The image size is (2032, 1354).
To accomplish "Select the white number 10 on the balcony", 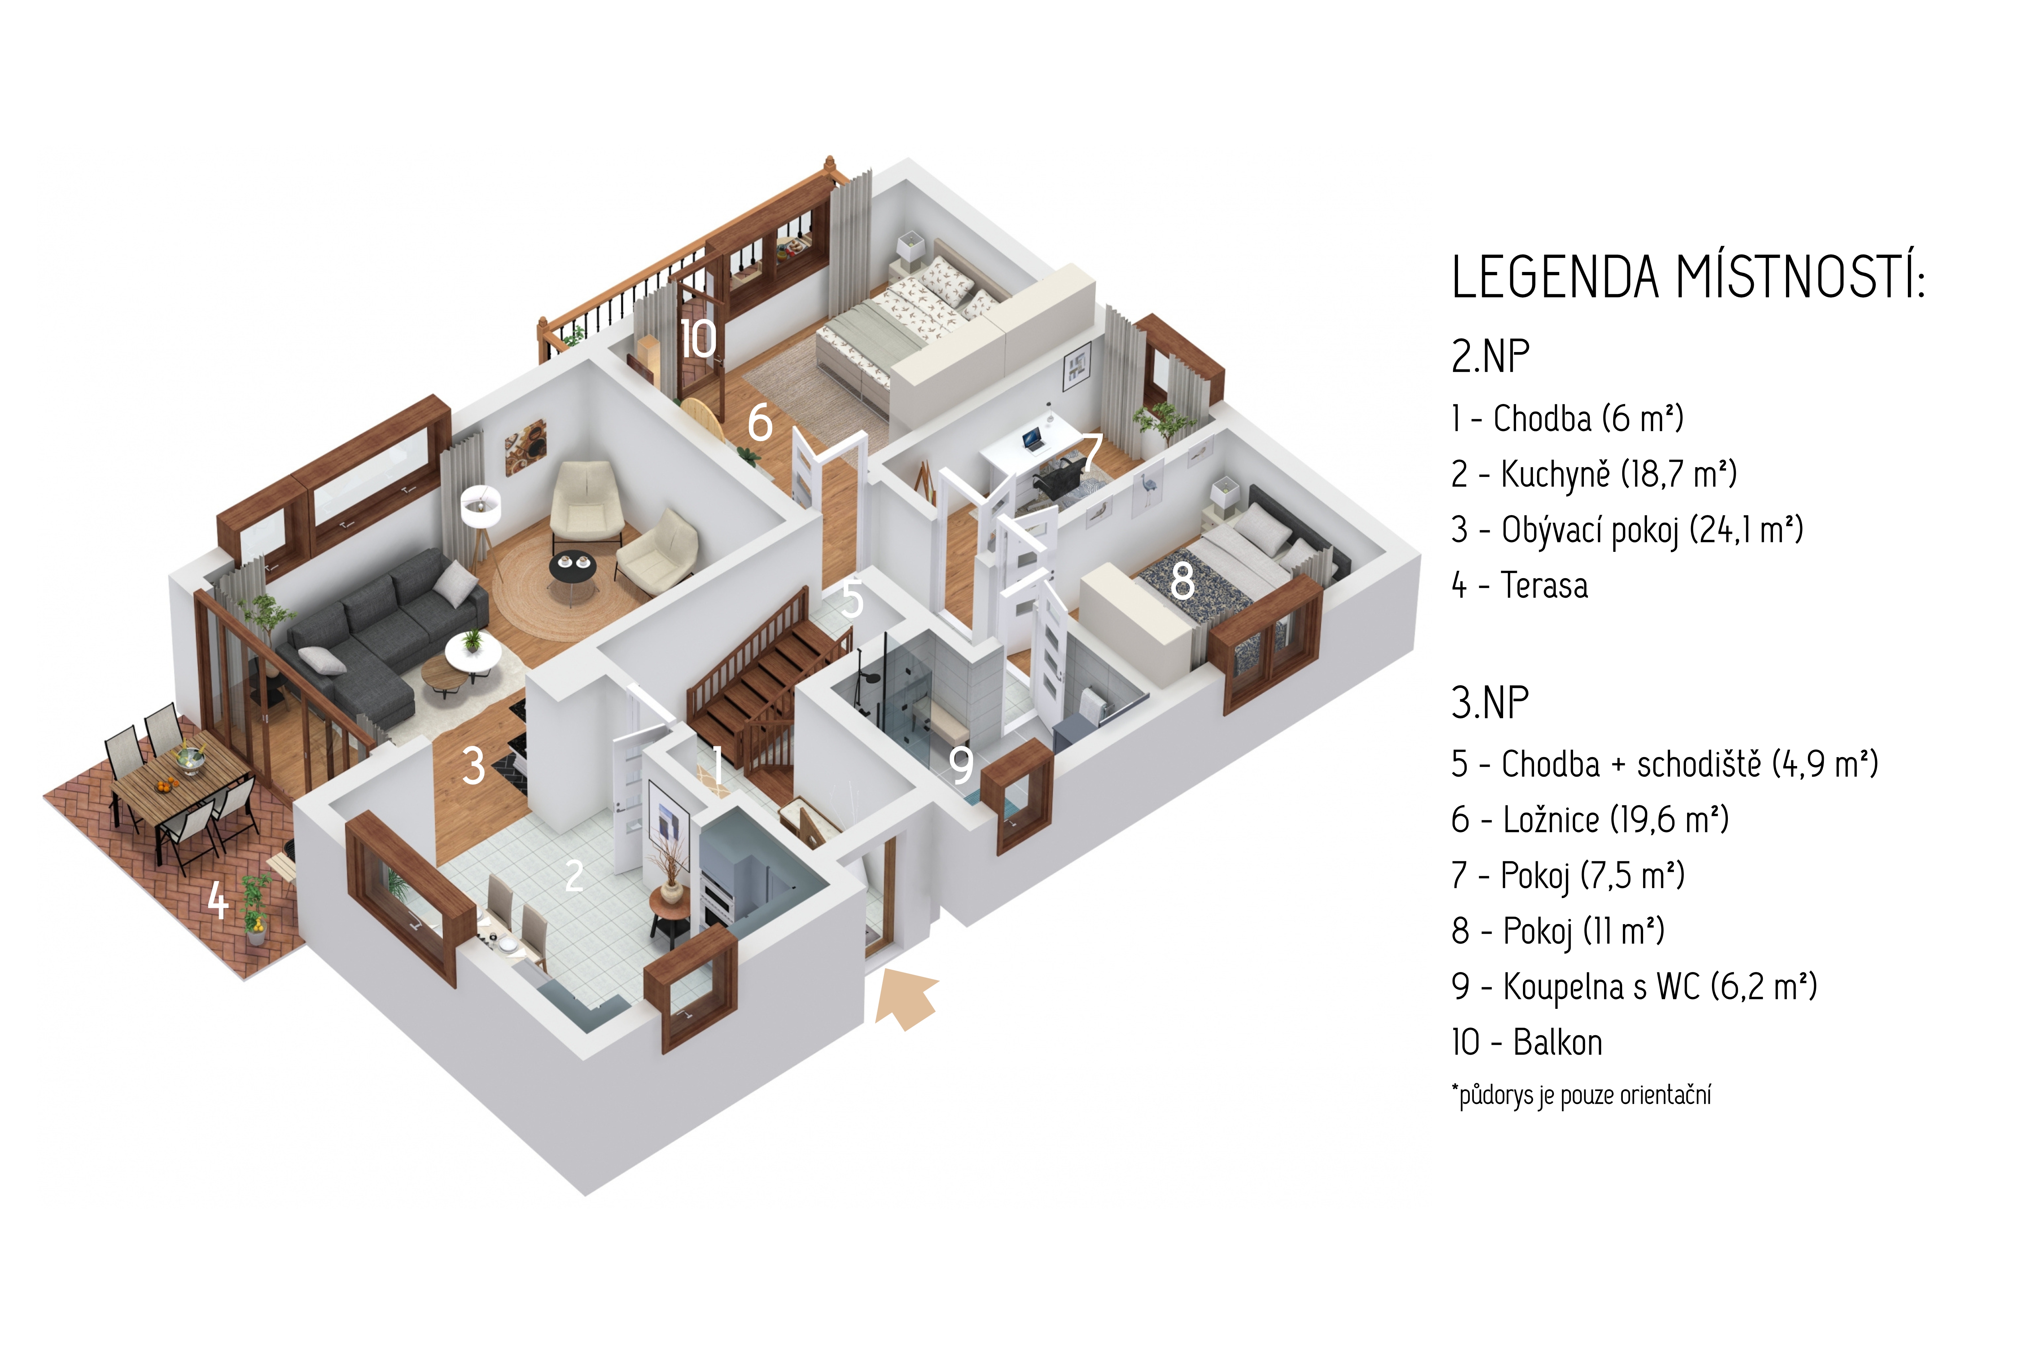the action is (698, 338).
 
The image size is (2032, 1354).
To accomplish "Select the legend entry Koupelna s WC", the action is (1634, 986).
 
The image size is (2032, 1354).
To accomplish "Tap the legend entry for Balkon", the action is (1527, 1042).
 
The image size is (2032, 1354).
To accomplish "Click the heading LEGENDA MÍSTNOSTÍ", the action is (1688, 277).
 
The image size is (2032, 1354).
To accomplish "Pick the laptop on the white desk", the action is (1032, 440).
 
